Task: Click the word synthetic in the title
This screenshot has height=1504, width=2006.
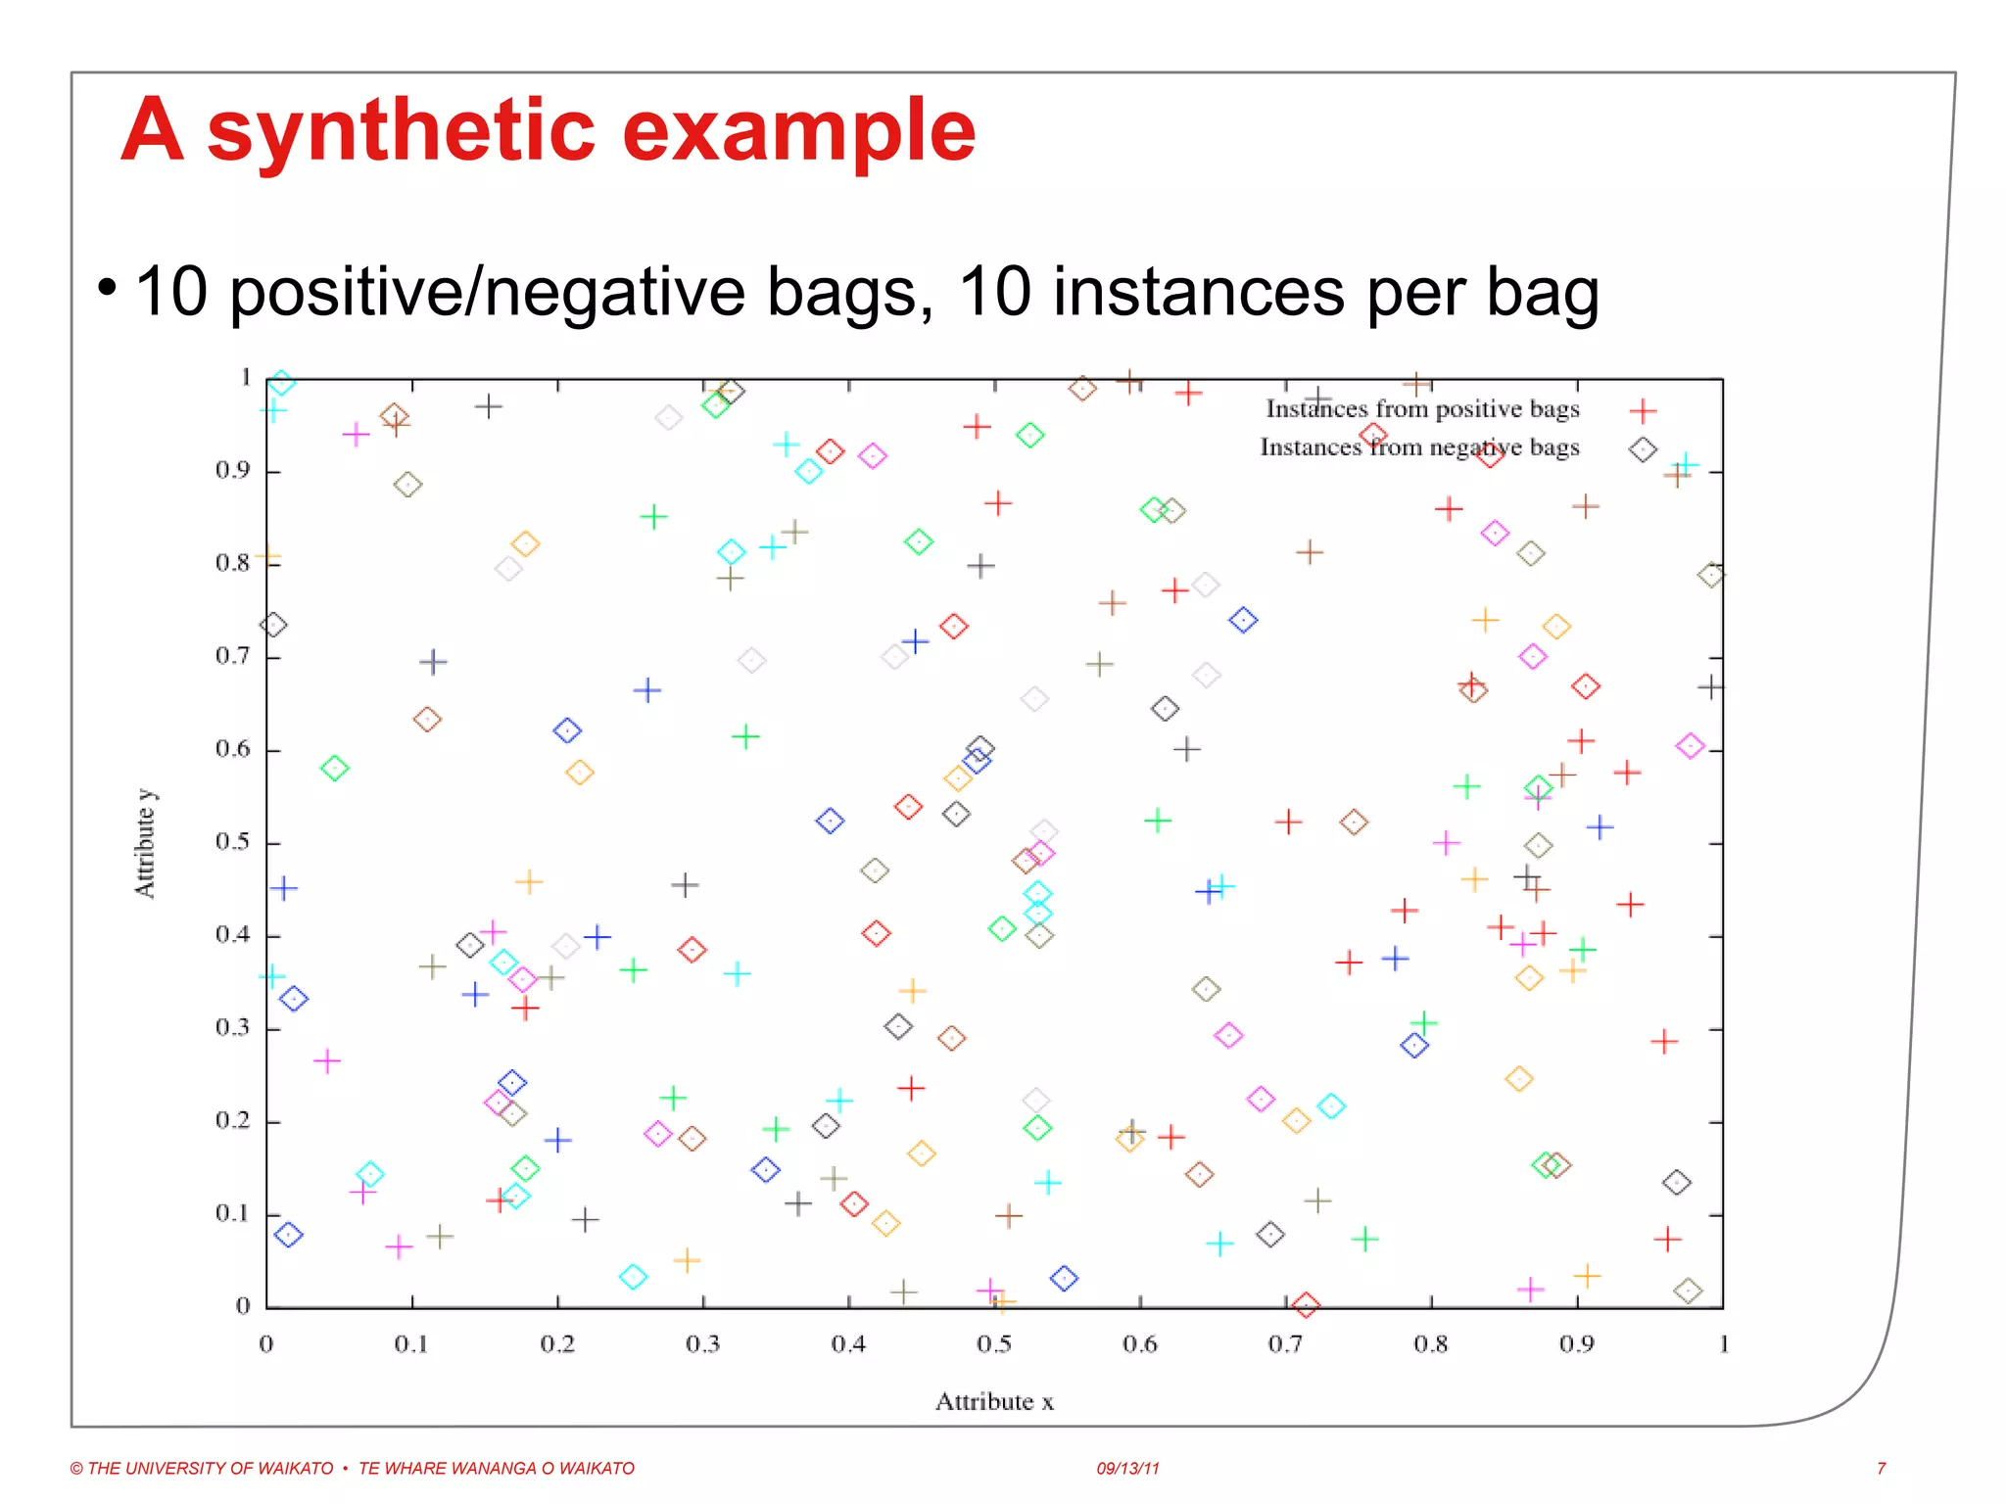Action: tap(401, 131)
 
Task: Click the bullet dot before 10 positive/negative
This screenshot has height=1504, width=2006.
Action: tap(107, 288)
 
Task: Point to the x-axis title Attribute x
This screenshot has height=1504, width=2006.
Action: tap(993, 1401)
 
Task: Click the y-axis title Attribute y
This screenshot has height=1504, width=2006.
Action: tap(145, 843)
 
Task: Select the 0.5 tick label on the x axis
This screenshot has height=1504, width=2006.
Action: tap(993, 1344)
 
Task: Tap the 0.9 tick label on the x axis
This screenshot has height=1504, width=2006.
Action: tap(1576, 1344)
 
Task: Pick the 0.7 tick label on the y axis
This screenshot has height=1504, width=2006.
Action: tap(233, 655)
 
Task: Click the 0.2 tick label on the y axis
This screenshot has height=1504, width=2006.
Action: tap(233, 1120)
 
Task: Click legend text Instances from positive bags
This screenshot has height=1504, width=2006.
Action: tap(1422, 409)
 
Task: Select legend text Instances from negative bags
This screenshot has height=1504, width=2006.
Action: tap(1419, 447)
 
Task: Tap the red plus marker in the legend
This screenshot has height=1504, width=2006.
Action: tap(1643, 411)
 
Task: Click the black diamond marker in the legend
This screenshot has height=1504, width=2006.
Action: tap(1643, 449)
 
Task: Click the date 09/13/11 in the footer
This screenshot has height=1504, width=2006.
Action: tap(1127, 1468)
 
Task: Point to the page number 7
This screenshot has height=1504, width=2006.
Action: tap(1881, 1468)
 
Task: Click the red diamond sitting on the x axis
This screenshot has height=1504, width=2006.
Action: tap(1306, 1304)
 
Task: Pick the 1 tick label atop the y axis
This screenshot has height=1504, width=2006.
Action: tap(246, 377)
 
